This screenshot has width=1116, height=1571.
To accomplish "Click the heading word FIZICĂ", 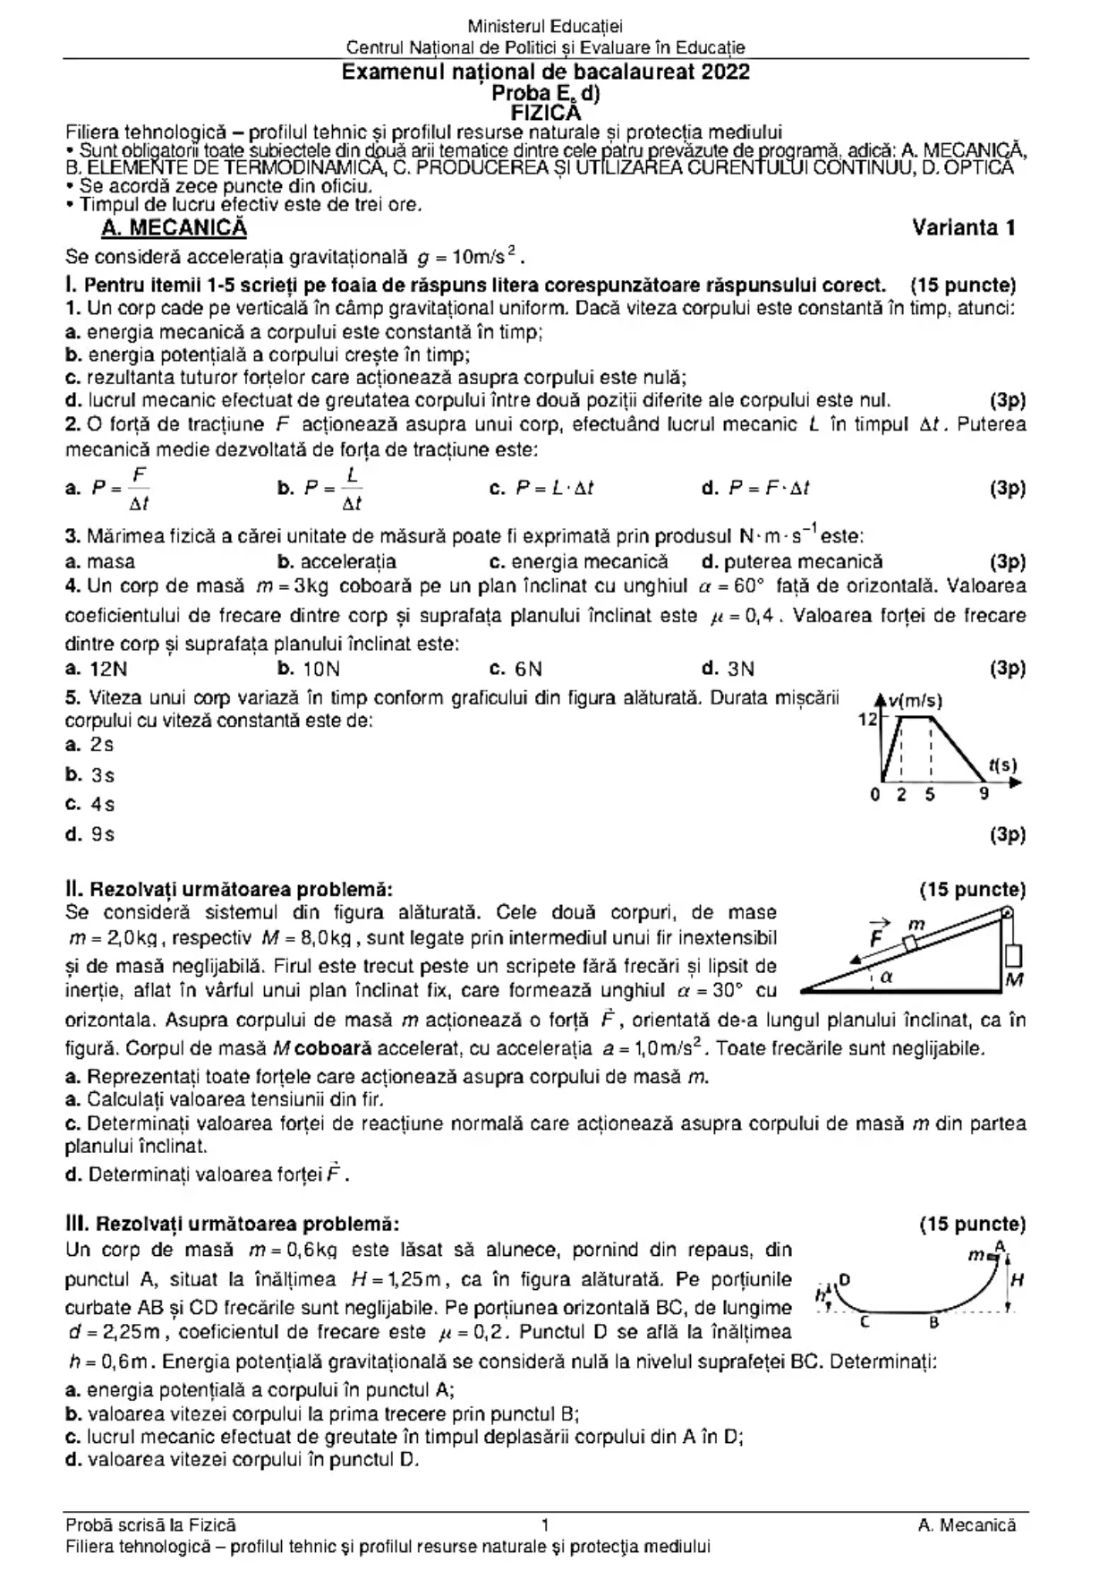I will click(545, 113).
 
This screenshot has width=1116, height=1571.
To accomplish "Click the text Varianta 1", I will click(963, 227).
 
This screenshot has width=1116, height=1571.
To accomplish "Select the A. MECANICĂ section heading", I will click(174, 227).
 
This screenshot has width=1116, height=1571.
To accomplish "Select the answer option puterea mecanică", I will click(792, 562).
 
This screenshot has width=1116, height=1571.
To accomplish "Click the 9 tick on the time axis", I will click(984, 794).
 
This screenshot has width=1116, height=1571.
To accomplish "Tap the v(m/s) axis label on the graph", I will click(915, 702).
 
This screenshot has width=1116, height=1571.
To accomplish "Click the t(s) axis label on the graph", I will click(1002, 765).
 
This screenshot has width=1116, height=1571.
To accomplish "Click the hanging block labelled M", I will click(1013, 957).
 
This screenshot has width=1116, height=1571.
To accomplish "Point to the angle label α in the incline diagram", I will click(887, 978).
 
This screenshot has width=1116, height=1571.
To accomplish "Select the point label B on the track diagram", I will click(933, 1322).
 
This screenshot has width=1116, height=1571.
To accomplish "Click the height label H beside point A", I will click(1017, 1280).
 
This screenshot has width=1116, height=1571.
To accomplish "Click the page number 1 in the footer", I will click(546, 1524).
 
